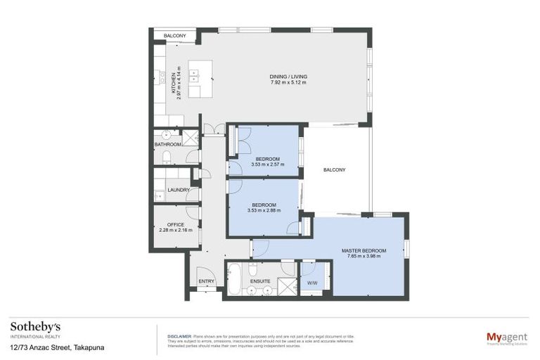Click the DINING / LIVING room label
(288, 77)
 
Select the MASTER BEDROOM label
(364, 250)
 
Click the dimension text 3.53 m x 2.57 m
(267, 165)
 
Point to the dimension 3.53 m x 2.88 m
(264, 210)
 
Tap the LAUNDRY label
(179, 190)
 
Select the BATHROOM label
(168, 144)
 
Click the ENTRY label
(206, 281)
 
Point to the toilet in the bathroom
(167, 157)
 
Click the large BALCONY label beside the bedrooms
(334, 170)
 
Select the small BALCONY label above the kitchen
(174, 36)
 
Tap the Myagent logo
(507, 337)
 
